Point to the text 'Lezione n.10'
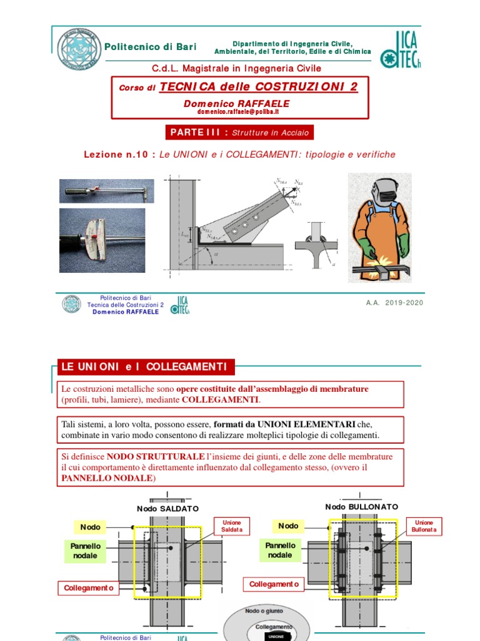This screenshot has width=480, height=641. (118, 155)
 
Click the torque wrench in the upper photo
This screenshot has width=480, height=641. (106, 190)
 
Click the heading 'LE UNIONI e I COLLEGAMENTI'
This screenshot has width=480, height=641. (144, 366)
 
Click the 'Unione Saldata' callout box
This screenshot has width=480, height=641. (231, 526)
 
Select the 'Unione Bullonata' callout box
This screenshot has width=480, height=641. (424, 526)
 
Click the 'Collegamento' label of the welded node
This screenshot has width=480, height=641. (88, 588)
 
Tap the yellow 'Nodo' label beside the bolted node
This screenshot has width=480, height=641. (288, 526)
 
